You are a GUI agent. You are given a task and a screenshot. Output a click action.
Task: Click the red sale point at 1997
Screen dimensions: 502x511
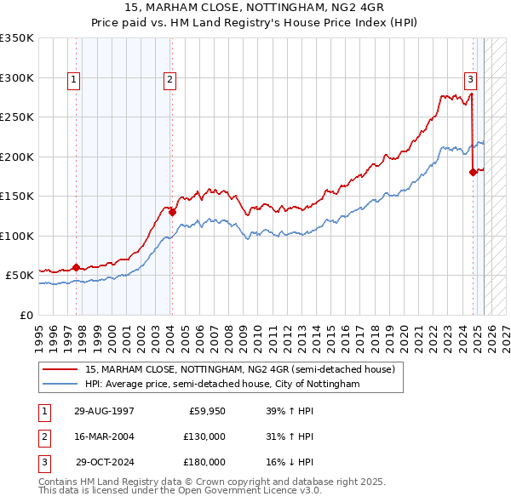click(77, 267)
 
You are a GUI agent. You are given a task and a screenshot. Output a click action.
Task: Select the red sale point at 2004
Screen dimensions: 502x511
click(172, 213)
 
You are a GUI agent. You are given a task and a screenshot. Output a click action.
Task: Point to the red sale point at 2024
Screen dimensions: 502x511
click(473, 172)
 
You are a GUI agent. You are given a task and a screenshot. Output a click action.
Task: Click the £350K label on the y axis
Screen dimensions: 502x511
click(17, 38)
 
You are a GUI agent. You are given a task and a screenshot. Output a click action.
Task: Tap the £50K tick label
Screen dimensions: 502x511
click(20, 276)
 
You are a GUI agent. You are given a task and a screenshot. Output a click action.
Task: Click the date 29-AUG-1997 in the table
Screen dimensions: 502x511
click(105, 411)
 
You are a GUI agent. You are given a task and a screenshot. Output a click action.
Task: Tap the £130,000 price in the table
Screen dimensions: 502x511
click(205, 436)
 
